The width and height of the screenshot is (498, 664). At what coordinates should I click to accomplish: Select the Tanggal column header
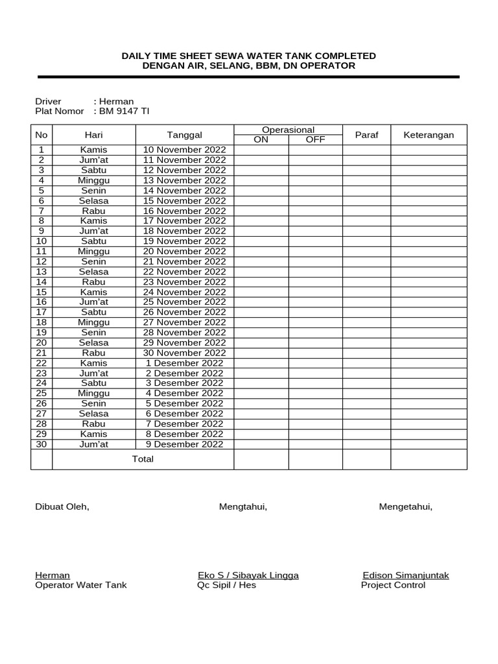(185, 135)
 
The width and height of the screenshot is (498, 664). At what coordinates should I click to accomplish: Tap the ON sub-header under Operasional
(261, 139)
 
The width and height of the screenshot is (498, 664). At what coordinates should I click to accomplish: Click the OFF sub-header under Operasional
(315, 139)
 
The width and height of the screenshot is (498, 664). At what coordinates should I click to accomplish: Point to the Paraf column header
(366, 135)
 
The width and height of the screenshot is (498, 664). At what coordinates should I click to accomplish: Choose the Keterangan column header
(429, 135)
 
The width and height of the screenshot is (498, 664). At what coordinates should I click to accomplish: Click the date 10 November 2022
(185, 150)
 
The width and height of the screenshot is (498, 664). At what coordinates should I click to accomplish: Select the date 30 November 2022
(185, 353)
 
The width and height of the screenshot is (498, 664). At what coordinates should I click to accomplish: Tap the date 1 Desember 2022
(185, 363)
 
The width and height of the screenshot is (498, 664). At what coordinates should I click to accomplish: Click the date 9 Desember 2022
(185, 444)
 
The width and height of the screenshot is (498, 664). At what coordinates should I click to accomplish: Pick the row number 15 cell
(41, 292)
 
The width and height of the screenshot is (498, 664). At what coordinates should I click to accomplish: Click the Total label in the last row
(143, 459)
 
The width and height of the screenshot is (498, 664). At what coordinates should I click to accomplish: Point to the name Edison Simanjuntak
(405, 575)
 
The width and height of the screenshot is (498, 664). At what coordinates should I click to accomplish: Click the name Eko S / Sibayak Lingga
(248, 575)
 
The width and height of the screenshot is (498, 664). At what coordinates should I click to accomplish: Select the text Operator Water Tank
(81, 585)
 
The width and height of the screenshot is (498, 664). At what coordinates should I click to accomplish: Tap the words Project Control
(393, 585)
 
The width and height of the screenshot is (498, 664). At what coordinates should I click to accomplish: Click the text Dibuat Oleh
(62, 507)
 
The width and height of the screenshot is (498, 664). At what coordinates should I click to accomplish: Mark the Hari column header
(94, 135)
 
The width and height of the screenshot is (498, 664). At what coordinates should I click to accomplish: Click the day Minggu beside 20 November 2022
(94, 251)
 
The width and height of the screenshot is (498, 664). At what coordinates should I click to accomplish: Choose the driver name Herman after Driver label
(117, 101)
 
